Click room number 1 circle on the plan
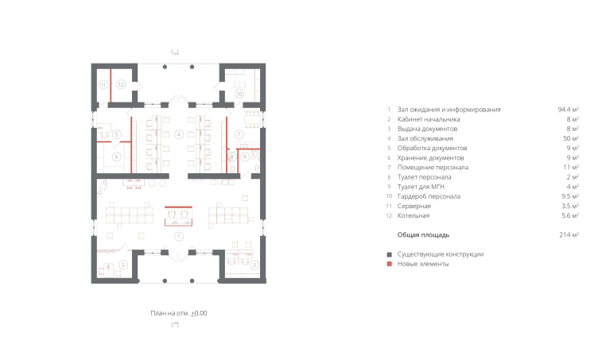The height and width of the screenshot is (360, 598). (x=178, y=237)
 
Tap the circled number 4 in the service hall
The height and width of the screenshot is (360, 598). (x=179, y=134)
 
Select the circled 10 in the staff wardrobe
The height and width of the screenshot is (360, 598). (x=239, y=93)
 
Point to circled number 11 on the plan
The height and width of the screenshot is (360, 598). (x=103, y=85)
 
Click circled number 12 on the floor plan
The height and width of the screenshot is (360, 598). (x=121, y=84)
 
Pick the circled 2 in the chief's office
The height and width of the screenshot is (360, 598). (x=122, y=265)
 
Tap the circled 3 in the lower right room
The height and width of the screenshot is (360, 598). (x=254, y=265)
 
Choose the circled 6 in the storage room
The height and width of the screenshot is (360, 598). (x=117, y=157)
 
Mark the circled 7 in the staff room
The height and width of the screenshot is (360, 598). (x=239, y=134)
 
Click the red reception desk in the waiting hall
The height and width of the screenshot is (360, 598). (x=178, y=216)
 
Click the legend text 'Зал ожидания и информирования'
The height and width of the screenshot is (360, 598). (x=448, y=110)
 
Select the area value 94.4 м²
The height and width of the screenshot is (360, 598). (x=569, y=110)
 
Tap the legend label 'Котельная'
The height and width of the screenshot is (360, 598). (x=414, y=215)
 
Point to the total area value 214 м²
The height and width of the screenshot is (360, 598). (x=569, y=235)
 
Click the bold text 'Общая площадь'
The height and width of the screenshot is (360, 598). (x=423, y=235)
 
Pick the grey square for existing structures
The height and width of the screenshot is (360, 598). (x=390, y=254)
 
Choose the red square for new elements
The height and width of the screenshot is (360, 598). (x=390, y=264)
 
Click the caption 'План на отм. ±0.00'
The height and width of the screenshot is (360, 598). (x=179, y=313)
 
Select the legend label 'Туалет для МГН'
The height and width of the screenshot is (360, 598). (x=421, y=187)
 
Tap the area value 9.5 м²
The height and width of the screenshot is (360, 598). (x=570, y=196)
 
